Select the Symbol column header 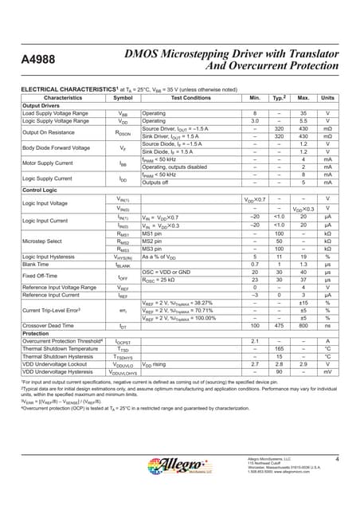pos(123,98)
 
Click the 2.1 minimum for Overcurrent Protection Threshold pos(255,340)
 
